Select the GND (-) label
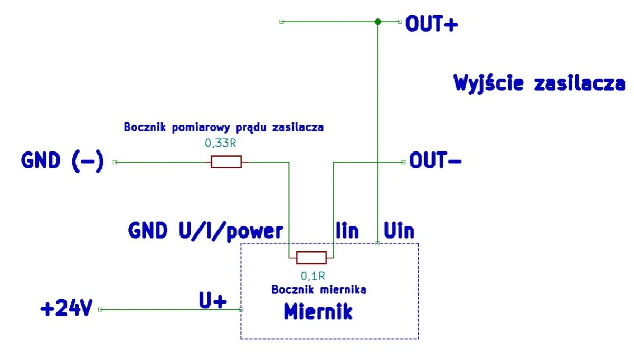(x=62, y=161)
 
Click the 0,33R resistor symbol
(x=226, y=162)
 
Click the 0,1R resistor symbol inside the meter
(x=311, y=258)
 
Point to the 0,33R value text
(x=219, y=143)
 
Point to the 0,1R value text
(x=312, y=276)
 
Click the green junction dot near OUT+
(x=377, y=22)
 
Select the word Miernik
(x=318, y=311)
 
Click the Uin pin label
(x=399, y=231)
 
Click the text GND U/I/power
(x=206, y=231)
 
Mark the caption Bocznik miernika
(x=319, y=289)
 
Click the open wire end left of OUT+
(x=281, y=22)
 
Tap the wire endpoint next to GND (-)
(x=115, y=162)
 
